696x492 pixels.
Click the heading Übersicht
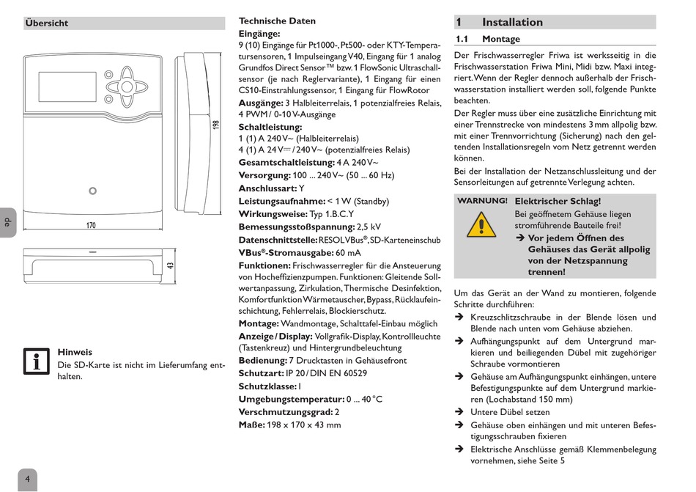pyautogui.click(x=47, y=23)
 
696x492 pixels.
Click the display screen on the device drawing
pyautogui.click(x=67, y=87)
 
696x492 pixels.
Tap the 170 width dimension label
pyautogui.click(x=91, y=225)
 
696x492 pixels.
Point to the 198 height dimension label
pyautogui.click(x=215, y=125)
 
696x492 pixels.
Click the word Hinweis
pyautogui.click(x=75, y=352)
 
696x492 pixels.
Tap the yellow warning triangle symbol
pyautogui.click(x=481, y=224)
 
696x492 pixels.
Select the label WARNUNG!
pyautogui.click(x=482, y=200)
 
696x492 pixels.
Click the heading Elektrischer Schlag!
pyautogui.click(x=558, y=201)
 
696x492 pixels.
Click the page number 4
pyautogui.click(x=27, y=480)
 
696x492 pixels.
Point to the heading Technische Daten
pyautogui.click(x=277, y=21)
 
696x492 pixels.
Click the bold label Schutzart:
pyautogui.click(x=262, y=373)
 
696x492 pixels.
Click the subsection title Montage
pyautogui.click(x=501, y=40)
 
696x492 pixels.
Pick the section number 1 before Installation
pyautogui.click(x=459, y=23)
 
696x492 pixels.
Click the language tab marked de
pyautogui.click(x=7, y=221)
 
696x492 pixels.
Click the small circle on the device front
pyautogui.click(x=92, y=191)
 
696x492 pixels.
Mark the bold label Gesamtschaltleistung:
pyautogui.click(x=286, y=163)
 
